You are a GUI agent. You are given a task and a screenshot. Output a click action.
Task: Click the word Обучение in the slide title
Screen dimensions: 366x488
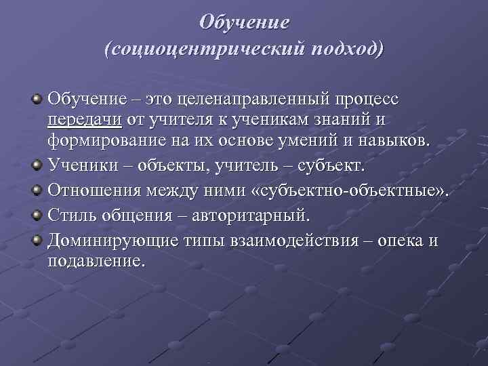coord(244,22)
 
